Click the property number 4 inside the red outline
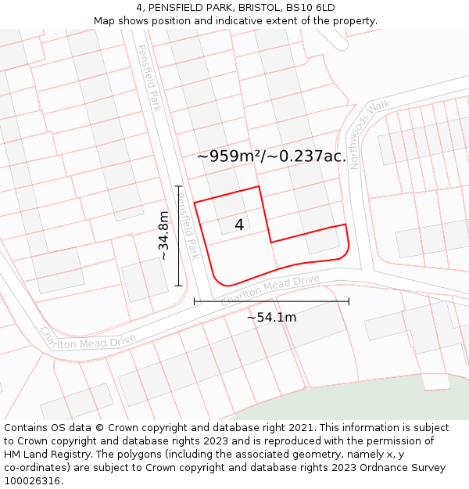click(239, 225)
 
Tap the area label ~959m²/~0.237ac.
click(271, 156)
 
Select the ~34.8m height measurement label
click(163, 236)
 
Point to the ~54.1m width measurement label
click(271, 317)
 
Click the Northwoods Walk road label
click(369, 134)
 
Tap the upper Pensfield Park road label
click(149, 77)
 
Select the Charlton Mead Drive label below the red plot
click(270, 290)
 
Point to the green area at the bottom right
click(446, 395)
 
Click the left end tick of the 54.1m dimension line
click(194, 300)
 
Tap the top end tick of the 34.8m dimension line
click(178, 186)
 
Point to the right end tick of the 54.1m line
click(349, 300)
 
